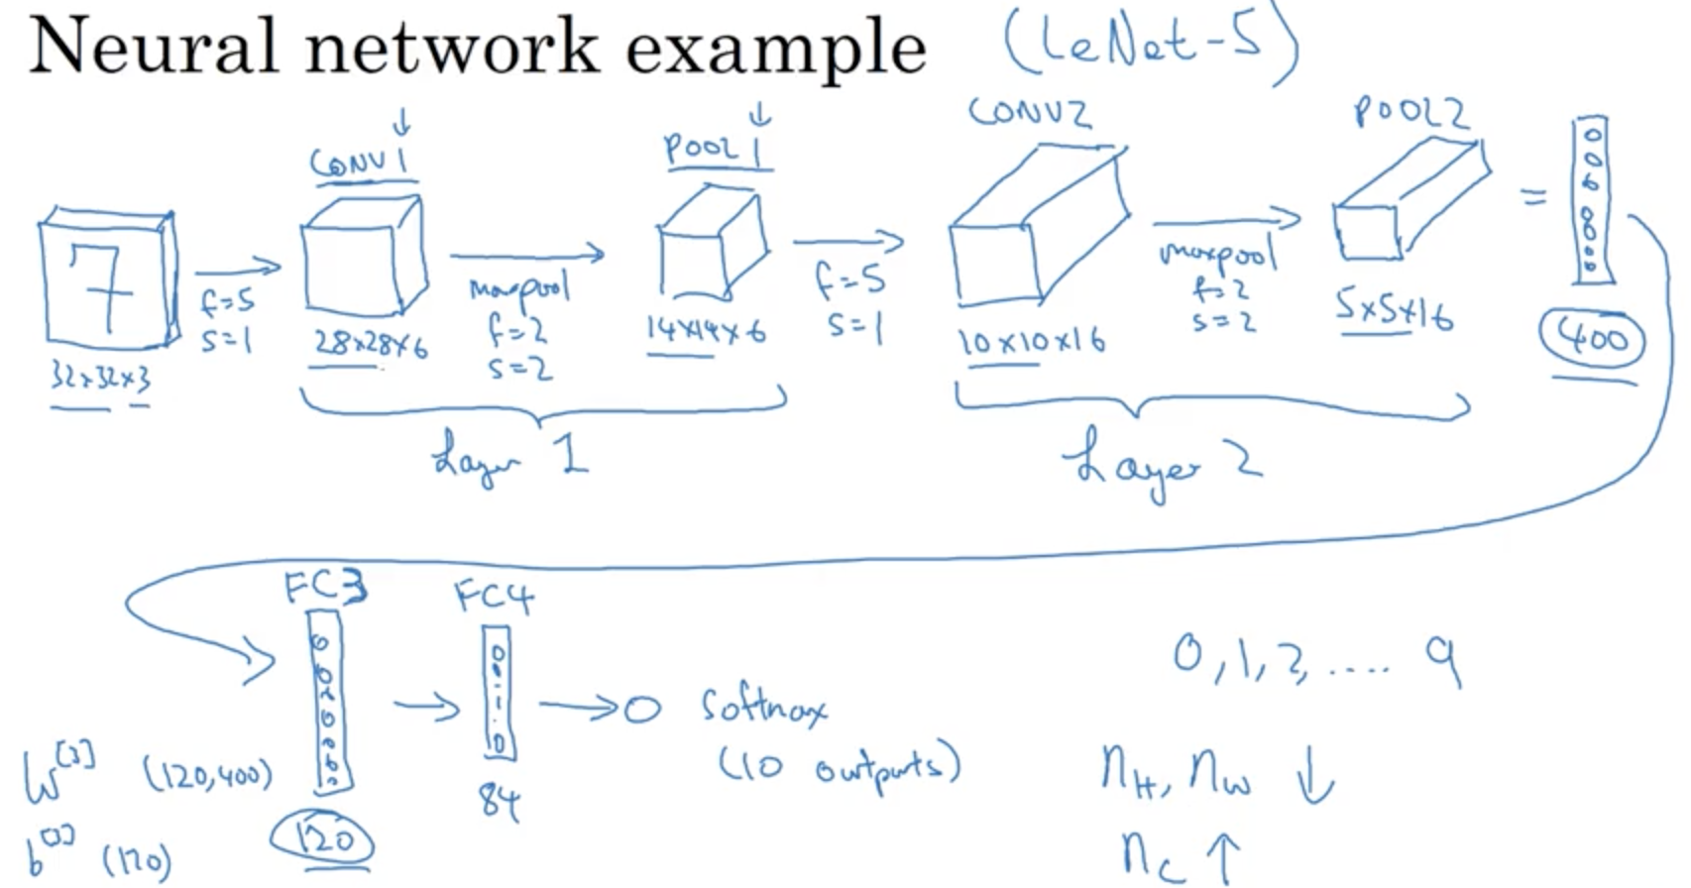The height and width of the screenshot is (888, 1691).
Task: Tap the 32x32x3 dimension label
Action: coord(101,378)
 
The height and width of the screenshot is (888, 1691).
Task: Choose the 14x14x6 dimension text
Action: coord(706,330)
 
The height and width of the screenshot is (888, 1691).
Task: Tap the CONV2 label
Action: coord(1030,112)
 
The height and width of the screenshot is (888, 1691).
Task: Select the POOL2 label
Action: coord(1410,113)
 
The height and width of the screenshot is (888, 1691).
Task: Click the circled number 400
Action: coord(1592,340)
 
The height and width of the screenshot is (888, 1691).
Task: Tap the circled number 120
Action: coord(324,841)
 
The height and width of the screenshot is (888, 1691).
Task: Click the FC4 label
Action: coord(494,597)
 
